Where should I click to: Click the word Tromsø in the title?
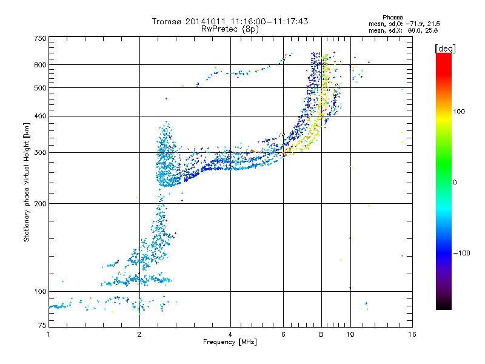pyautogui.click(x=167, y=21)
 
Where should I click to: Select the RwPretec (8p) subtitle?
pyautogui.click(x=230, y=29)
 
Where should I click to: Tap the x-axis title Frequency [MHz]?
pyautogui.click(x=230, y=342)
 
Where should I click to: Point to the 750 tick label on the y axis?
pyautogui.click(x=40, y=38)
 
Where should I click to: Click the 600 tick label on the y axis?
pyautogui.click(x=40, y=65)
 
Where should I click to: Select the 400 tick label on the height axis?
pyautogui.click(x=40, y=116)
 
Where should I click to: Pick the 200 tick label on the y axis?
pyautogui.click(x=40, y=203)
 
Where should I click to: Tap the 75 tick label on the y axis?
pyautogui.click(x=42, y=325)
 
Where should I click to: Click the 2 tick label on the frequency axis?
pyautogui.click(x=139, y=334)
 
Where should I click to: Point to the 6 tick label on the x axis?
pyautogui.click(x=283, y=334)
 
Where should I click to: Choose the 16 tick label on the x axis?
pyautogui.click(x=412, y=334)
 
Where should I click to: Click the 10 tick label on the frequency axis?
pyautogui.click(x=350, y=334)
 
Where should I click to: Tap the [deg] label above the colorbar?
pyautogui.click(x=445, y=49)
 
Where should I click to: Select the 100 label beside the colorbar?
pyautogui.click(x=459, y=112)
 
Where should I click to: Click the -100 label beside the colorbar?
pyautogui.click(x=461, y=253)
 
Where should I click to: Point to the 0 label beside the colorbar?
pyautogui.click(x=455, y=182)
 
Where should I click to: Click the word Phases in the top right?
pyautogui.click(x=392, y=18)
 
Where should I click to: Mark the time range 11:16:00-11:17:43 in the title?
pyautogui.click(x=269, y=21)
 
